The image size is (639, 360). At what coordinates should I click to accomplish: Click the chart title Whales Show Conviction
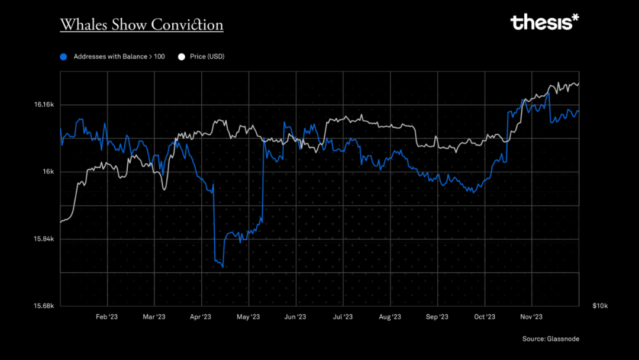click(141, 25)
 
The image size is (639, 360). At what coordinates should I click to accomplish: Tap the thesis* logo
click(544, 22)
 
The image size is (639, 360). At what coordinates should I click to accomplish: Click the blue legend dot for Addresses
click(64, 57)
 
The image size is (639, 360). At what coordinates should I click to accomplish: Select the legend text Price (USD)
click(207, 57)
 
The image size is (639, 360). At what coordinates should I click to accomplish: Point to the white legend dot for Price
click(182, 57)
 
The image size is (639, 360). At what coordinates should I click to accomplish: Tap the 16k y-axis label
click(49, 172)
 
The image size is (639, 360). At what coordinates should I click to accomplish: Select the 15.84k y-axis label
click(44, 239)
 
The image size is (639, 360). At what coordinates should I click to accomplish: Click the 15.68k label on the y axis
click(44, 306)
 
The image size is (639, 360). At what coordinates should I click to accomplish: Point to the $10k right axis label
click(600, 306)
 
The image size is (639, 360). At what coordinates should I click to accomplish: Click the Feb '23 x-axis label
click(106, 317)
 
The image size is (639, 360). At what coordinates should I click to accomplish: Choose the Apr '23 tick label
click(201, 317)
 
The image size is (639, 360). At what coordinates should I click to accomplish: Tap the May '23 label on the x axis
click(248, 317)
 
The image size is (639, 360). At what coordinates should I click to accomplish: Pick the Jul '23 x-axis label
click(343, 317)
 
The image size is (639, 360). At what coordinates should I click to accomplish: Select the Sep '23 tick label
click(437, 317)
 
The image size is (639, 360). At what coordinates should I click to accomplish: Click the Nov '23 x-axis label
click(531, 317)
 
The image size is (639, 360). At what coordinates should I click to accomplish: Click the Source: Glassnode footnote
click(550, 339)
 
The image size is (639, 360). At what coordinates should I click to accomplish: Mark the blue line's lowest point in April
click(222, 267)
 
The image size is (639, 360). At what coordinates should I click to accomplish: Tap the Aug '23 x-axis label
click(390, 317)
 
